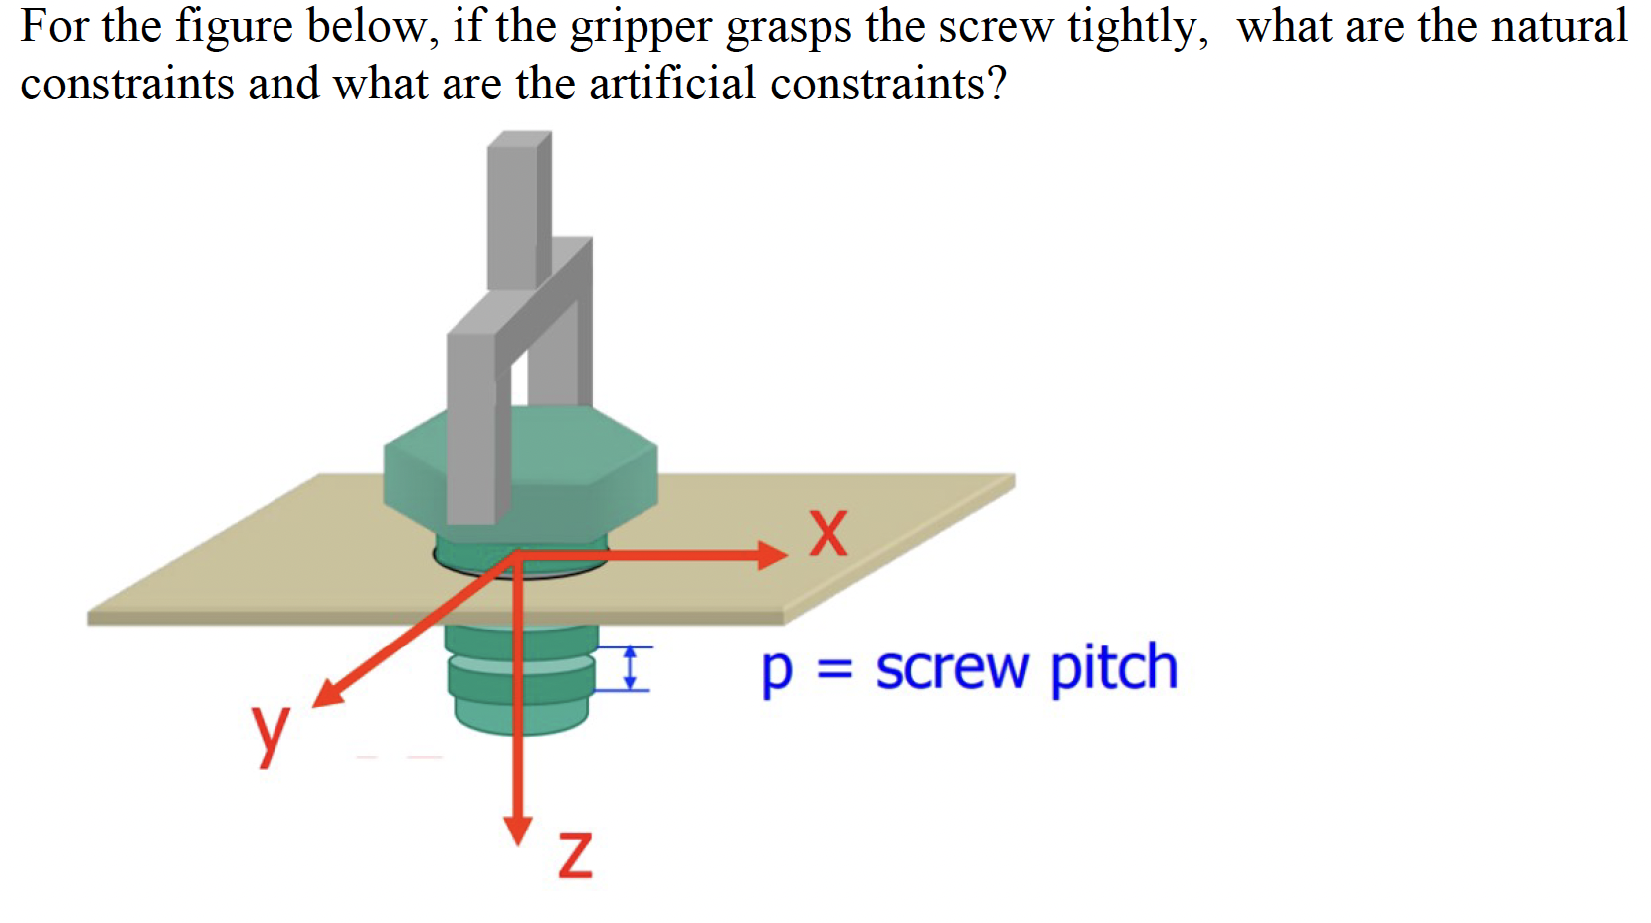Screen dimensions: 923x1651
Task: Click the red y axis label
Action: coord(269,733)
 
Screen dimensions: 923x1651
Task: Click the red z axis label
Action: coord(575,855)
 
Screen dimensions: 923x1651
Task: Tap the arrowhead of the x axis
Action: coord(772,554)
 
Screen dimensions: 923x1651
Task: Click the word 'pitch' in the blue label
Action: coord(1114,667)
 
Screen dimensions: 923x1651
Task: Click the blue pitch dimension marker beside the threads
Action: coord(629,667)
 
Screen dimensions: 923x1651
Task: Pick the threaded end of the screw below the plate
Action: coord(519,681)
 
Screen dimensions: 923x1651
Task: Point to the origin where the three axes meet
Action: coord(517,555)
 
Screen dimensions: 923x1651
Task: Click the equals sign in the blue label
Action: coord(834,669)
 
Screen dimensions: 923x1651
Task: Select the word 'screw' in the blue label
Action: coord(953,669)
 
